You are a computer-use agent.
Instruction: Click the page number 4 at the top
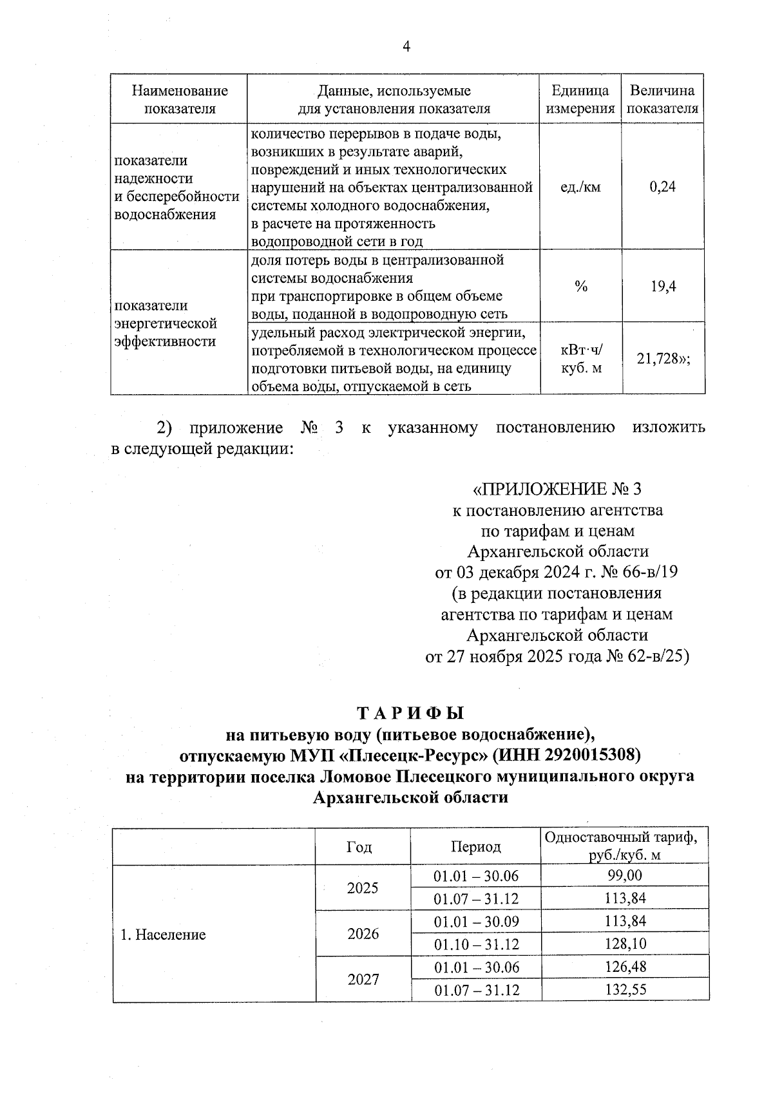click(406, 46)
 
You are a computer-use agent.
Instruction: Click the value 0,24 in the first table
click(663, 187)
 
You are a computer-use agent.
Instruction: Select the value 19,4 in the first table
click(663, 287)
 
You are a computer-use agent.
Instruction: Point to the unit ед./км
click(580, 187)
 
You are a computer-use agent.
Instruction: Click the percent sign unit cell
click(581, 287)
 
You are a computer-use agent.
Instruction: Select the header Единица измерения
click(580, 99)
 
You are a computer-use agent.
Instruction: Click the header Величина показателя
click(663, 99)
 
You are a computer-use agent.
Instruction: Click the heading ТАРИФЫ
click(410, 714)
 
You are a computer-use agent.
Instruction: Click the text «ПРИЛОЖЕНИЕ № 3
click(557, 489)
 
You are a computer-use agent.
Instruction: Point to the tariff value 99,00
click(625, 875)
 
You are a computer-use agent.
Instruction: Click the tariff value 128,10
click(625, 944)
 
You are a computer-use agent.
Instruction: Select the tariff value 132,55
click(625, 990)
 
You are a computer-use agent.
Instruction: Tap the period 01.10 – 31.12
click(476, 945)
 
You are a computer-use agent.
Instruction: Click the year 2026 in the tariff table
click(363, 933)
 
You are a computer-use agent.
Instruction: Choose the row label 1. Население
click(163, 935)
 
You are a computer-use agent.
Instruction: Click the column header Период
click(475, 846)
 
